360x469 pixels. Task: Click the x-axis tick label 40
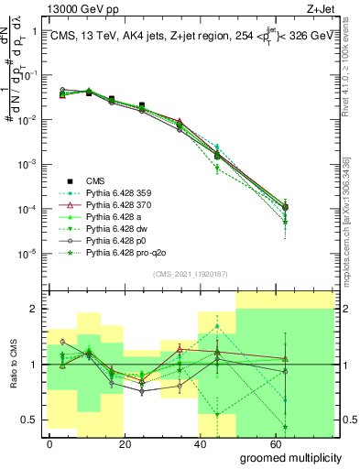click(x=194, y=443)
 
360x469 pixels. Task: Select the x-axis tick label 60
click(x=266, y=443)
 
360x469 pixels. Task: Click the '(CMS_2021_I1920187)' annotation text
click(x=191, y=274)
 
